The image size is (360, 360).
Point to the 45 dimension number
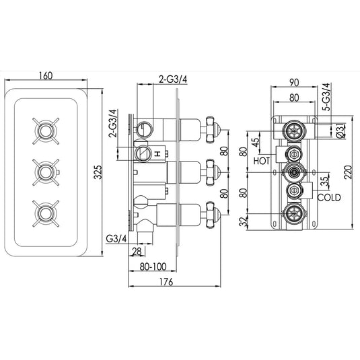pyautogui.click(x=256, y=143)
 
